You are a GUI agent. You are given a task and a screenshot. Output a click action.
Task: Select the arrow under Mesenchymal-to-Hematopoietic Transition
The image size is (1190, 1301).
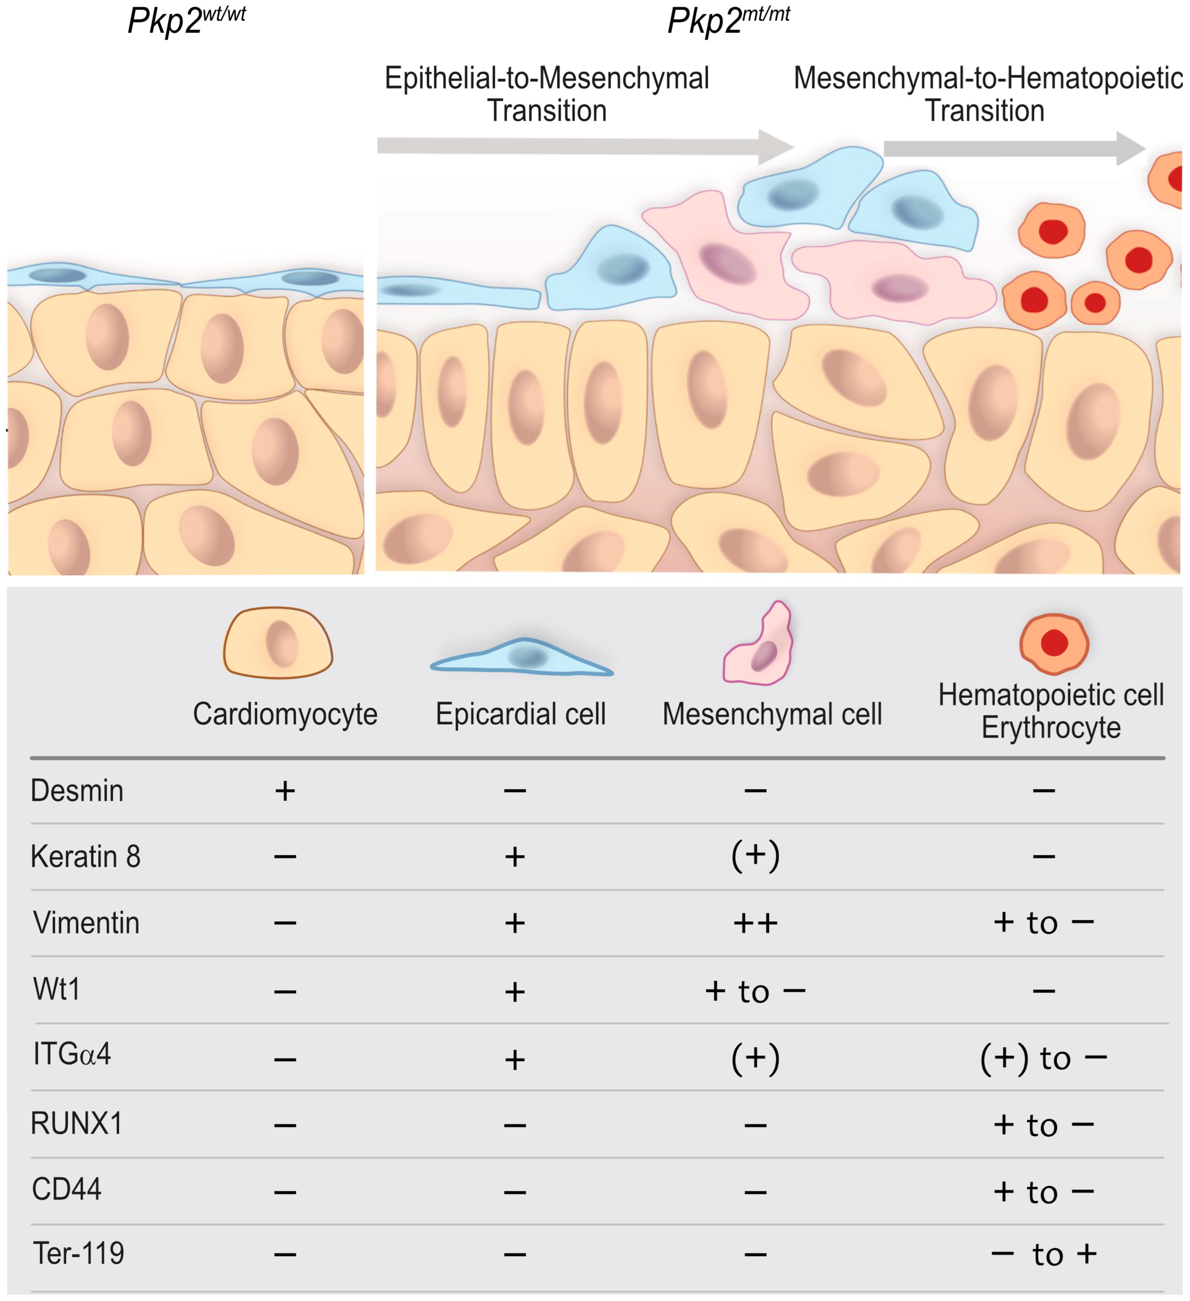coord(1013,148)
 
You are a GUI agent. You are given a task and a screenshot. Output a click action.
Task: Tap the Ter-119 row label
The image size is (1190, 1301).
coord(78,1253)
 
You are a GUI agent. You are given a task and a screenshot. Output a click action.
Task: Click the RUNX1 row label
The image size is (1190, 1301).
coord(76,1123)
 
